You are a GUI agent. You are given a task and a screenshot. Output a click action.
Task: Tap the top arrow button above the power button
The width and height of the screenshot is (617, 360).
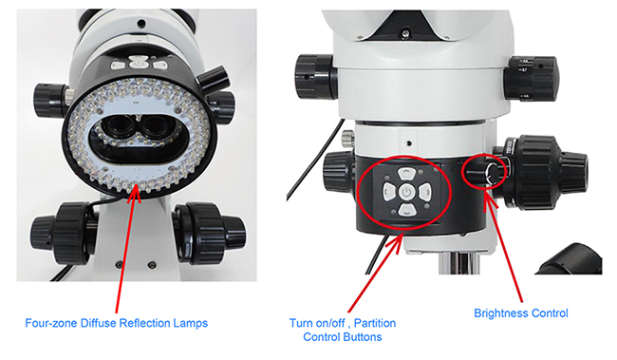click(x=405, y=173)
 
